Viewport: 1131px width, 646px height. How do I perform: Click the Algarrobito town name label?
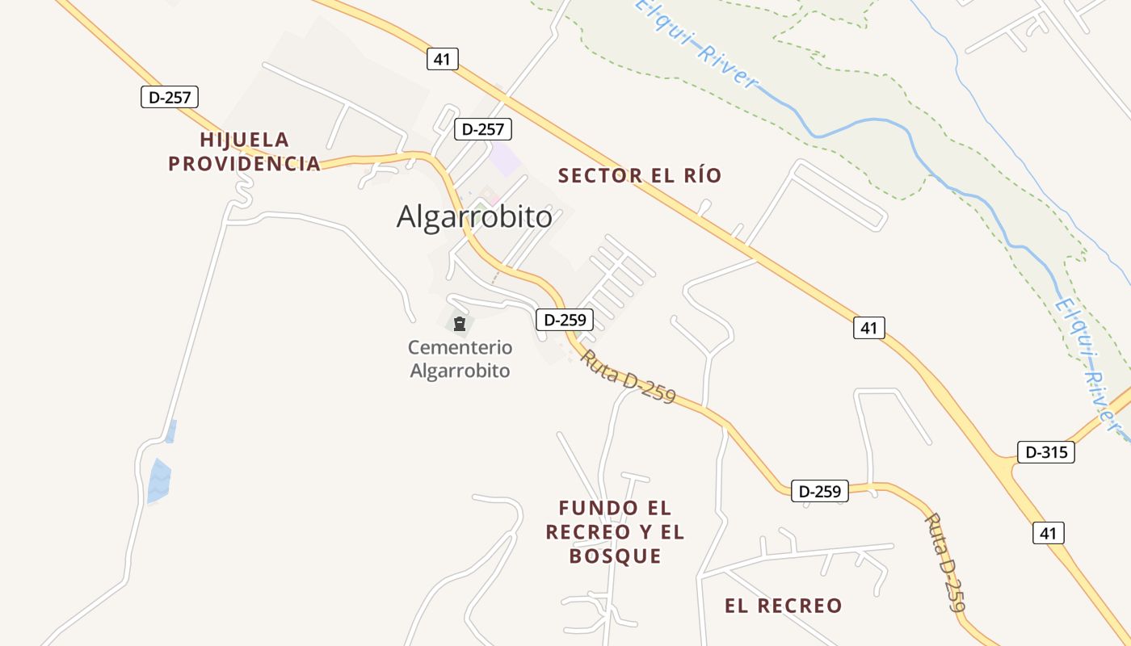[x=474, y=216]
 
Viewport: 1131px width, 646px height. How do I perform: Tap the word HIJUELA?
[x=244, y=140]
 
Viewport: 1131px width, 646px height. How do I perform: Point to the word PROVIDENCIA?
[x=244, y=163]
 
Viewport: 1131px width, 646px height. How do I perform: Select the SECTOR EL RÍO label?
[x=640, y=175]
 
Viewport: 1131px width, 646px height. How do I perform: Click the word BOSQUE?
[x=616, y=556]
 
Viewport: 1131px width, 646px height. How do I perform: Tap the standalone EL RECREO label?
[x=783, y=606]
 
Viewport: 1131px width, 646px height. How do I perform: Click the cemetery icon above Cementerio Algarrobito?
[x=460, y=325]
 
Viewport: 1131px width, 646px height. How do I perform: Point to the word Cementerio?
[x=460, y=347]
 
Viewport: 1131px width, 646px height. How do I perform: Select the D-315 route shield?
[x=1046, y=452]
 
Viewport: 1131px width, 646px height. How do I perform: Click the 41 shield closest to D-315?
[x=1048, y=533]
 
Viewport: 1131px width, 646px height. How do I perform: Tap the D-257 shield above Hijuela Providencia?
[x=169, y=98]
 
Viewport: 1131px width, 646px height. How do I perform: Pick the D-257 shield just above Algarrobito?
[x=483, y=129]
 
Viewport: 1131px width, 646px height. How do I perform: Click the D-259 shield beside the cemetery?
[x=565, y=320]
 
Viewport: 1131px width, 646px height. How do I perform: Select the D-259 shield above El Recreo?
[x=820, y=490]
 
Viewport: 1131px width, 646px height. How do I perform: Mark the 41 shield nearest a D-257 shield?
[x=442, y=59]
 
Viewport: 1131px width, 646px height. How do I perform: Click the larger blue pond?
[x=158, y=480]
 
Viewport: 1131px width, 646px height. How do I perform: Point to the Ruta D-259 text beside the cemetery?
[x=627, y=376]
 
